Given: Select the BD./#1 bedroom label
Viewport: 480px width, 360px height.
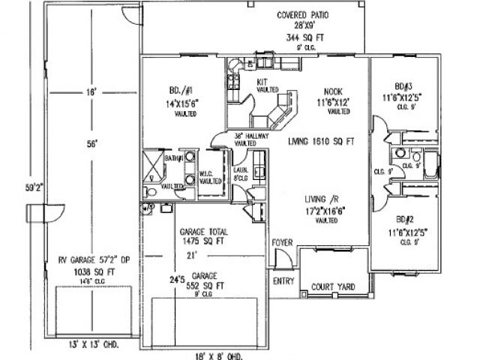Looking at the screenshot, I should click(x=183, y=93).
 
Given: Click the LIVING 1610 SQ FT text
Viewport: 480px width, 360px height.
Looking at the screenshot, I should click(x=320, y=140).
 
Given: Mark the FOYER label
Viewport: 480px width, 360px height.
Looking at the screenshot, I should click(x=282, y=242).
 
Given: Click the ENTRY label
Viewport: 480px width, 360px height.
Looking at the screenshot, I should click(x=283, y=281).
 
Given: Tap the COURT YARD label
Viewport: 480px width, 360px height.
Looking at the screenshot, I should click(x=334, y=286).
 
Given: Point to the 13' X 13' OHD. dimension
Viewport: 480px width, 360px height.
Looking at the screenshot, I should click(x=88, y=346).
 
